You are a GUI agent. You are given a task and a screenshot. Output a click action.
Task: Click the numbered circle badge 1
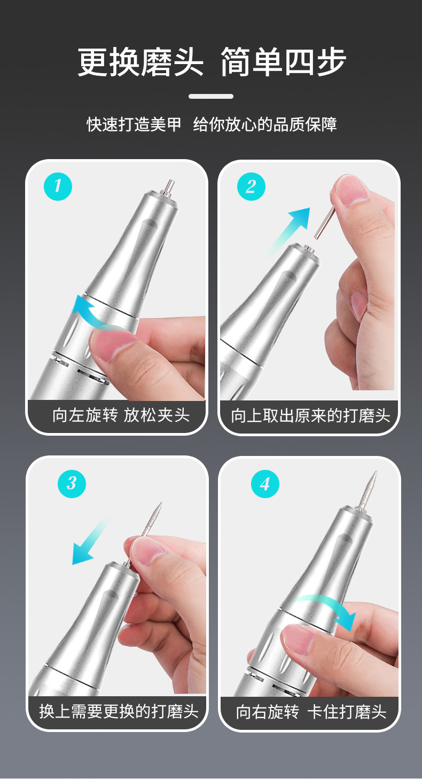pyautogui.click(x=58, y=186)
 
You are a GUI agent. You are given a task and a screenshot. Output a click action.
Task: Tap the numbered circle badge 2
pyautogui.click(x=251, y=186)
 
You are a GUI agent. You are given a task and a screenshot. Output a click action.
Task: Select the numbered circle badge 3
pyautogui.click(x=72, y=483)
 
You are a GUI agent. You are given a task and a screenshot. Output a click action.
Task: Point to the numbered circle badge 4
pyautogui.click(x=265, y=483)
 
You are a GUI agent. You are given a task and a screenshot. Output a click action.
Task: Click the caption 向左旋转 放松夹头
pyautogui.click(x=121, y=415)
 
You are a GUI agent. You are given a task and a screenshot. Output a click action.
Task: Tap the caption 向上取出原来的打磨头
pyautogui.click(x=310, y=415)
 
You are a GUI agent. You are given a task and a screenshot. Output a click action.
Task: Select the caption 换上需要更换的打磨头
pyautogui.click(x=119, y=712)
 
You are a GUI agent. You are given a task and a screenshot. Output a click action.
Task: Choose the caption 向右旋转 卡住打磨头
pyautogui.click(x=311, y=712)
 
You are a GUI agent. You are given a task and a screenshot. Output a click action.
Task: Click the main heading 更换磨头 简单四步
pyautogui.click(x=212, y=62)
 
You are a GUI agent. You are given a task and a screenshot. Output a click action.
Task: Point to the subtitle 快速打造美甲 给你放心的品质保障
pyautogui.click(x=212, y=124)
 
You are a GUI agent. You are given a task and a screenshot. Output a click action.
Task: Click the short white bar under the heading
pyautogui.click(x=211, y=96)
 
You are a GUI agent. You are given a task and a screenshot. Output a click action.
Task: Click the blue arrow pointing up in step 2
pyautogui.click(x=290, y=230)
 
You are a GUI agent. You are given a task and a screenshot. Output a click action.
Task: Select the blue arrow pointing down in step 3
pyautogui.click(x=89, y=541)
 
